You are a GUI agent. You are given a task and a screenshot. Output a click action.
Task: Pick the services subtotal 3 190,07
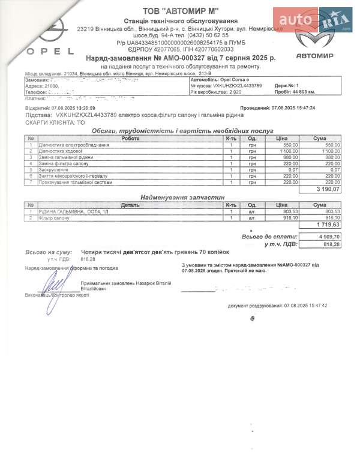point(328,189)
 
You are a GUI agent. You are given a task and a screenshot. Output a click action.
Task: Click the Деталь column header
point(130,205)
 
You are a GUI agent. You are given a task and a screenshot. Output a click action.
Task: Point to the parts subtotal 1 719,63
point(328,225)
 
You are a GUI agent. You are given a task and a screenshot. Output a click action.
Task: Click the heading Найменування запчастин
point(182,197)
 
